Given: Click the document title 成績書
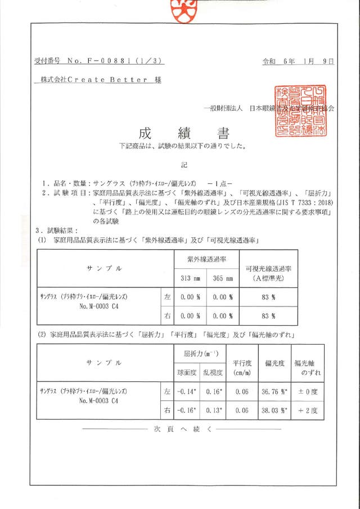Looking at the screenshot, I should [183, 133].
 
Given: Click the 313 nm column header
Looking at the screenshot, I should [190, 277].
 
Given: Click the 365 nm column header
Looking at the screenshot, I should [223, 277].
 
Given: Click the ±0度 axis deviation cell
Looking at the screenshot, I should [309, 390].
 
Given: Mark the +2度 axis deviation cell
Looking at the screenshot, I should [309, 411].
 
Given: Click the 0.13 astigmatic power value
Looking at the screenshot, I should [213, 411].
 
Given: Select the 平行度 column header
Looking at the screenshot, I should [242, 363].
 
